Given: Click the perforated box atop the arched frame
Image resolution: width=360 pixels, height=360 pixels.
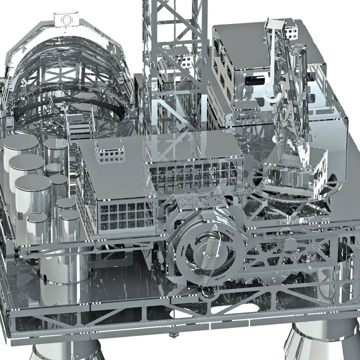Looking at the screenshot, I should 66,19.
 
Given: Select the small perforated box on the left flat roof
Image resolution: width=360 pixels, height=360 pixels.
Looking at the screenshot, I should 109,151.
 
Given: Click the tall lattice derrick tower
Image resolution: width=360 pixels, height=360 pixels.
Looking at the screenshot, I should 175,60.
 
